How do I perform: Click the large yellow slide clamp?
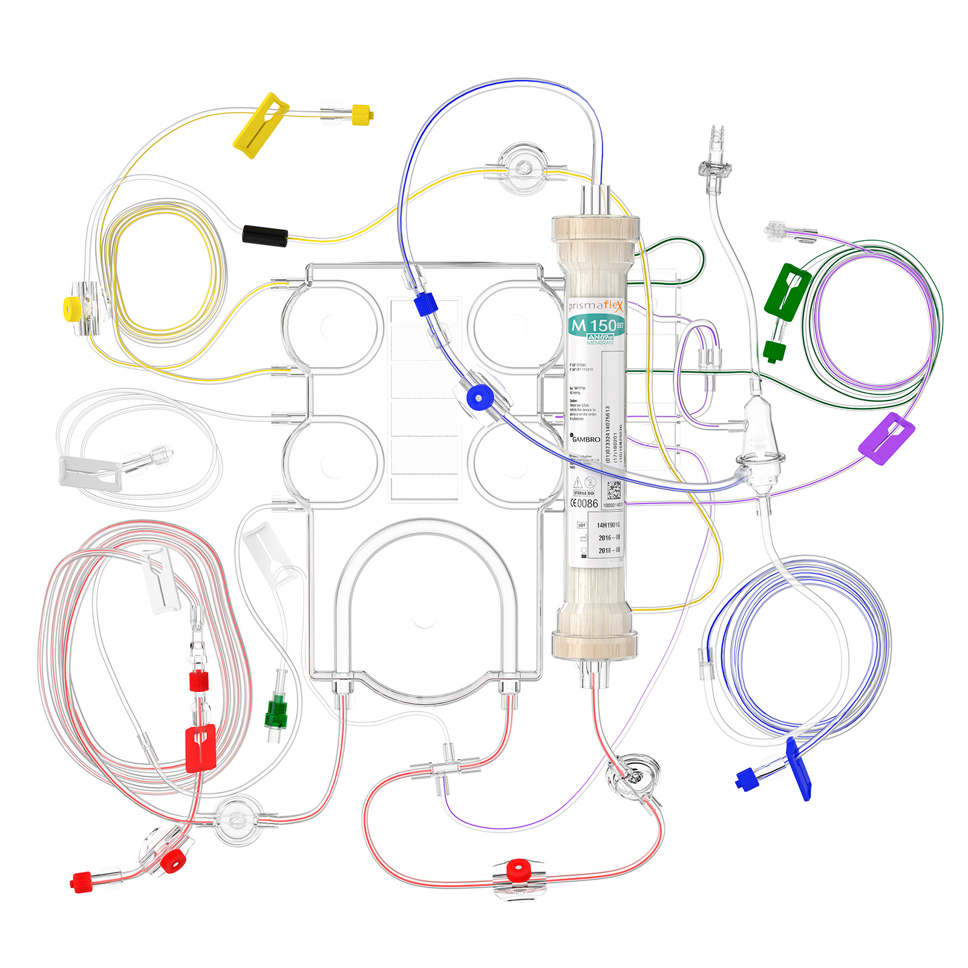click(x=260, y=125)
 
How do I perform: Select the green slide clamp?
click(x=786, y=290)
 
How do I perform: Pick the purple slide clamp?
click(x=886, y=438)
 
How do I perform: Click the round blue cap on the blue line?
click(x=480, y=398)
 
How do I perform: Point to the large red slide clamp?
click(x=201, y=748)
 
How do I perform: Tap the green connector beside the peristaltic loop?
click(x=277, y=710)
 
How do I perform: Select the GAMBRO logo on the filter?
click(x=586, y=439)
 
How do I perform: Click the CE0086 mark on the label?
click(x=584, y=503)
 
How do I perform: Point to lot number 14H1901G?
click(x=608, y=525)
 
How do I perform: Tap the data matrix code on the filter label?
click(x=613, y=489)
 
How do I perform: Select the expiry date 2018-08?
click(x=609, y=551)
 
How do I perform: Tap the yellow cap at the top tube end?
click(x=362, y=113)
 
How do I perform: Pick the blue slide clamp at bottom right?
click(x=798, y=768)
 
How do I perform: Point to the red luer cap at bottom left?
click(x=80, y=882)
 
